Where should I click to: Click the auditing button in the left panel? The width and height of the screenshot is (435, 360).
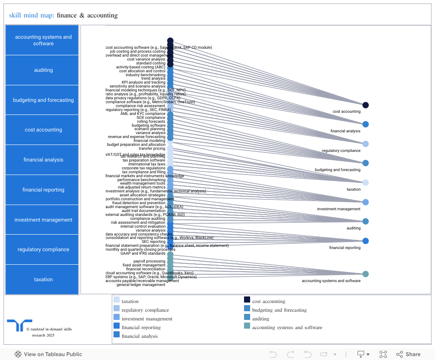point(43,70)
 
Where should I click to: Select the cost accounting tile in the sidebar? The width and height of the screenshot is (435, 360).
point(43,130)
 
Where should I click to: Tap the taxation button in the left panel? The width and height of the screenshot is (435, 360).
point(43,279)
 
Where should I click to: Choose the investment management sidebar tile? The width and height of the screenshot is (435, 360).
point(43,220)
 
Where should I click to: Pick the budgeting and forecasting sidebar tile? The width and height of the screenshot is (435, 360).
point(43,100)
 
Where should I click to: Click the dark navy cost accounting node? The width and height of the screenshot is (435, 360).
point(365,105)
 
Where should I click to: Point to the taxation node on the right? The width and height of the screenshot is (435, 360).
point(365,182)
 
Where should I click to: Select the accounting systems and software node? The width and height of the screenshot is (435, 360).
point(365,274)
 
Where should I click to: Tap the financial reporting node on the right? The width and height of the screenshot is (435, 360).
point(365,241)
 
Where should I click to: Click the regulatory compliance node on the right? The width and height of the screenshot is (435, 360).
point(365,144)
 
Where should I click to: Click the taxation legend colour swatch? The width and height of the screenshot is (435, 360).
point(117,299)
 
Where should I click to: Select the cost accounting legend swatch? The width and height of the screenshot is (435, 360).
point(247,299)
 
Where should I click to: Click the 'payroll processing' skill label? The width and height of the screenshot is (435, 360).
point(149,261)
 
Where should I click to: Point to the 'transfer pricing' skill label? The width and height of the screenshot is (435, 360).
point(152,148)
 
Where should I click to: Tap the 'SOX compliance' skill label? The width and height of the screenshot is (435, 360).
point(151,118)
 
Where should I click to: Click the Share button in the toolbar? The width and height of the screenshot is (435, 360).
point(408,354)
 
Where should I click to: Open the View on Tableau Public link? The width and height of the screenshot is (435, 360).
point(48,354)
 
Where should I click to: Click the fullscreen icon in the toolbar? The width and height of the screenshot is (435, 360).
point(383,354)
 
